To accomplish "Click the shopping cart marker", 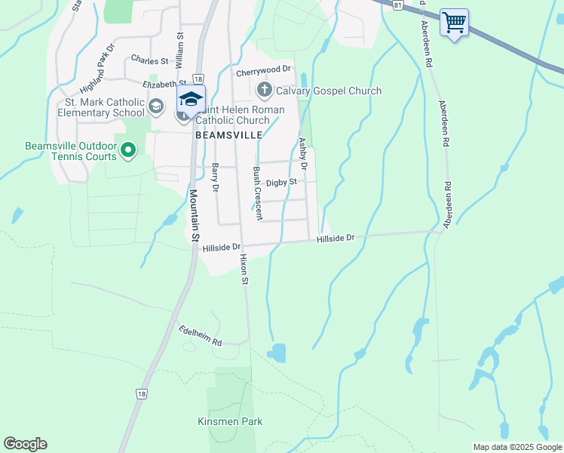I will click(454, 23).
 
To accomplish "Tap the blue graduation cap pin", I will click(192, 99).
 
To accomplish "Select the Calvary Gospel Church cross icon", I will click(264, 91).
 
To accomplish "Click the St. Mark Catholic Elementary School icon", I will click(156, 106).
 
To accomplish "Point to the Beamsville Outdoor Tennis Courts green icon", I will click(127, 150).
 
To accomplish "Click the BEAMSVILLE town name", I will click(228, 134).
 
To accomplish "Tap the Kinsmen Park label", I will click(230, 421).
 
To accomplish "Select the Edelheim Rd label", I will click(201, 337).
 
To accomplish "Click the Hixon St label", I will click(244, 269).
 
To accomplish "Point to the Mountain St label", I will click(194, 215).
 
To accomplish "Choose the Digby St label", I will click(282, 182).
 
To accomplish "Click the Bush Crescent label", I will click(257, 193).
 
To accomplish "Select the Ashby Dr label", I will click(302, 153).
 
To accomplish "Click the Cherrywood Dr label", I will click(263, 69).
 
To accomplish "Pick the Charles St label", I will click(149, 59).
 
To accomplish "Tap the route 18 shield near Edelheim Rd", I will click(142, 393).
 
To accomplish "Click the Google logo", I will click(25, 444).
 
